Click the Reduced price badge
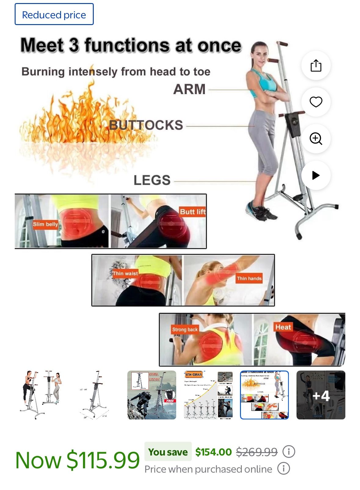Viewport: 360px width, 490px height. [54, 14]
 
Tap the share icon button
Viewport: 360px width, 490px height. [316, 65]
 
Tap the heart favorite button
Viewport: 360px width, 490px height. [316, 102]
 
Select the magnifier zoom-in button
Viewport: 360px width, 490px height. [316, 138]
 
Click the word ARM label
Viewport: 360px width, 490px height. [189, 89]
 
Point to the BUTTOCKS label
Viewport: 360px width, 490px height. [146, 125]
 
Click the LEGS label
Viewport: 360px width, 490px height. [152, 180]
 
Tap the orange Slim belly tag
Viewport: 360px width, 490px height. [45, 224]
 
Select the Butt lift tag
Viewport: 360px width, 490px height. [192, 212]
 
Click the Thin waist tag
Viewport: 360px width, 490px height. [125, 273]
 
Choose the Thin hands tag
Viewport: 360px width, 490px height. [249, 278]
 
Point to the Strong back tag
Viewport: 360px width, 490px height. [185, 329]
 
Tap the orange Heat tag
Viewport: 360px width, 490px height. [283, 327]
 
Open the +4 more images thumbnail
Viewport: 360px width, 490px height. [321, 395]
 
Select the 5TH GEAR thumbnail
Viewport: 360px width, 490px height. [208, 395]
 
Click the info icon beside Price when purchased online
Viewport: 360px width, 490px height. [283, 469]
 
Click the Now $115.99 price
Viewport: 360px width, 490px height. [78, 460]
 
